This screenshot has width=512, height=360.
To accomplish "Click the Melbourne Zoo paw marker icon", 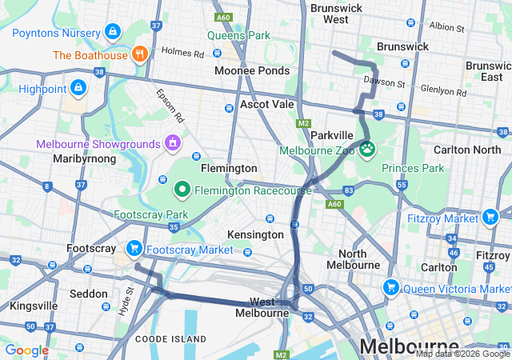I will (368, 149).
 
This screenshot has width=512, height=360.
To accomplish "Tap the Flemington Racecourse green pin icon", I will (182, 190).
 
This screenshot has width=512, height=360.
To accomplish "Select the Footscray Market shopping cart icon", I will (134, 249).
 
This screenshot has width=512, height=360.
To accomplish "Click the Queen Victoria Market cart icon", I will (391, 286).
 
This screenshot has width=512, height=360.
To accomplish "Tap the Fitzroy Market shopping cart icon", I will (490, 216).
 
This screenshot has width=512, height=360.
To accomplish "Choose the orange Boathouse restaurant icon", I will (139, 55).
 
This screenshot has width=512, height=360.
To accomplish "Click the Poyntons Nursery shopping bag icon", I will (113, 32).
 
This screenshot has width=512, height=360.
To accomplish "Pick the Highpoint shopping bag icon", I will (78, 86).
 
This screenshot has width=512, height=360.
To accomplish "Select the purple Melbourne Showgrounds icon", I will (171, 143).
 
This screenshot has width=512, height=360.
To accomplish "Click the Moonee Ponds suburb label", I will (252, 70).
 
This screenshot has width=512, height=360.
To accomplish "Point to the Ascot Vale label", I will (267, 105).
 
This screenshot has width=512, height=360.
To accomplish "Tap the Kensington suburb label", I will (255, 234).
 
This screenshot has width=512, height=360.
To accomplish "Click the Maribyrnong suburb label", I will (84, 158).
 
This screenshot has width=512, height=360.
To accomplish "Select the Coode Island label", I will (172, 339).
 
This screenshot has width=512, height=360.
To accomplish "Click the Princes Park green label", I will (413, 168).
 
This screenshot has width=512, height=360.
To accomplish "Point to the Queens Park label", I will (238, 35).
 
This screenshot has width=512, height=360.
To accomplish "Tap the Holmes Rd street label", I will (182, 54).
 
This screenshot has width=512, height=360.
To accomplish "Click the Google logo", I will (26, 350).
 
